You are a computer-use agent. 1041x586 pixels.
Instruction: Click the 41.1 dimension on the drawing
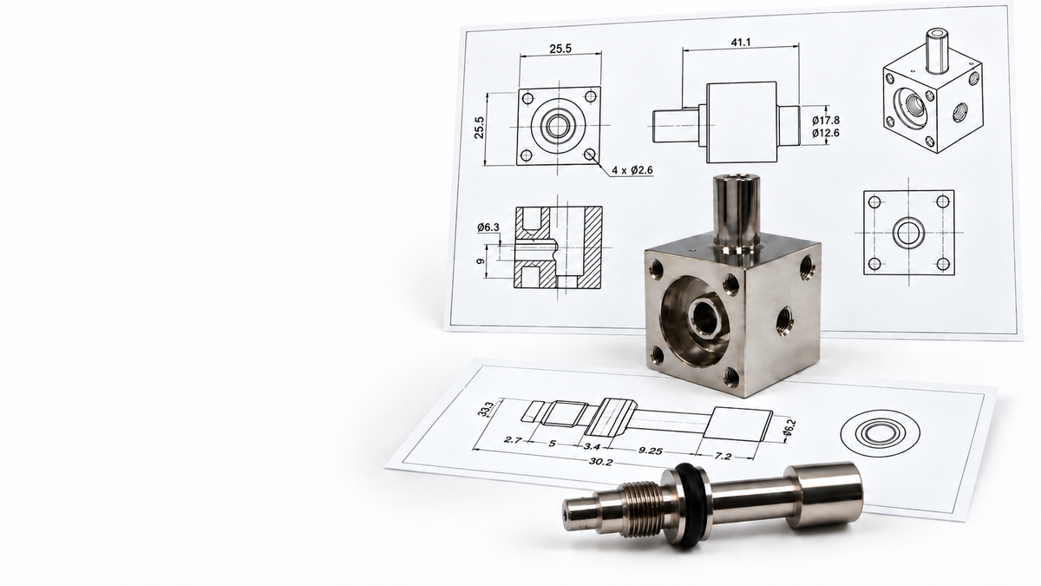pos(741,43)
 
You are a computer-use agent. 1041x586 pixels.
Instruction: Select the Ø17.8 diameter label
pos(826,121)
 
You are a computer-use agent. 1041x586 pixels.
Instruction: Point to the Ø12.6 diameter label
pos(826,133)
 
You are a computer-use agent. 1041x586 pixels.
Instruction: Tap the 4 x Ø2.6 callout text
pos(632,170)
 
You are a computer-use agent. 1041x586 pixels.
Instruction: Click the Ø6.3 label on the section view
pos(488,227)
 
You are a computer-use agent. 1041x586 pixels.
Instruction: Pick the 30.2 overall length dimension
pos(601,462)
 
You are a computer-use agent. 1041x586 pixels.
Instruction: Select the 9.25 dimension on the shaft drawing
pos(650,451)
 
